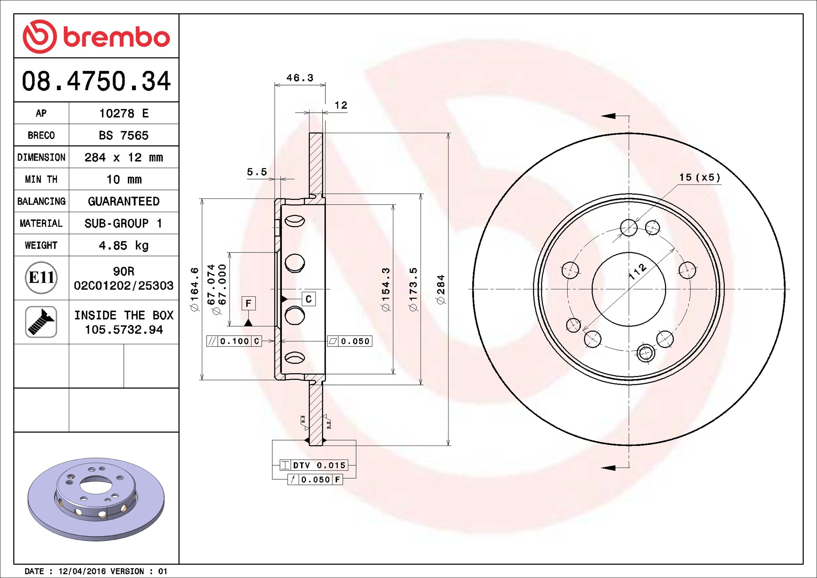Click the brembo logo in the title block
tap(96, 37)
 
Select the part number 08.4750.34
tap(96, 81)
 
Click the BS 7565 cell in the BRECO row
tap(123, 135)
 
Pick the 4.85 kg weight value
tap(123, 245)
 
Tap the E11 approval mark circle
tap(41, 278)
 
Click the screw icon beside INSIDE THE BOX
tap(41, 322)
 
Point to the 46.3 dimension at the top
tap(300, 78)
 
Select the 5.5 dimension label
tap(257, 172)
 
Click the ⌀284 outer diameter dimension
tap(440, 289)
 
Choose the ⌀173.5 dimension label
tap(413, 289)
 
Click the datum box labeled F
tap(249, 303)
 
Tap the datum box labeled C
tap(309, 299)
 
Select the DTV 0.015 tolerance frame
tap(314, 465)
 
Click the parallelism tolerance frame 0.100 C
tap(234, 341)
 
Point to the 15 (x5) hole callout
tap(700, 178)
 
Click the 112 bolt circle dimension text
tap(638, 272)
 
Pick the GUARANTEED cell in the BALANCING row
tap(123, 201)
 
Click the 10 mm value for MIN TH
tap(124, 179)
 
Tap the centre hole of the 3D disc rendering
tap(96, 485)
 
